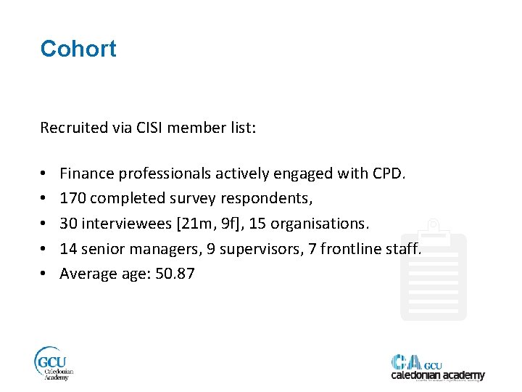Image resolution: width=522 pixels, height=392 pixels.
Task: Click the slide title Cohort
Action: [78, 49]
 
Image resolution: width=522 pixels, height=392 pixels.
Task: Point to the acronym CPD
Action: [392, 173]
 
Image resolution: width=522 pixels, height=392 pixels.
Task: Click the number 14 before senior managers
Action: [68, 248]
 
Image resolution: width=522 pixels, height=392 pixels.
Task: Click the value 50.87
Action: [175, 274]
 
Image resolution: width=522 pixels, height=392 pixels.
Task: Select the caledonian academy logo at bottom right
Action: [437, 368]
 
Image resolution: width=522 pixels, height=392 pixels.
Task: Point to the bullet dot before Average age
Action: [44, 274]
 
